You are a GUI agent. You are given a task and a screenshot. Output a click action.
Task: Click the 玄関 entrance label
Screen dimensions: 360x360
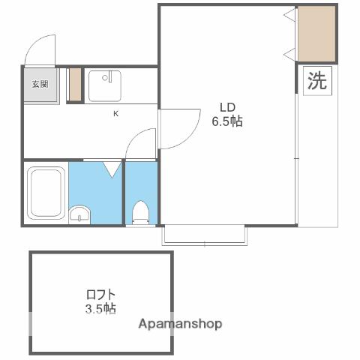(x=40, y=84)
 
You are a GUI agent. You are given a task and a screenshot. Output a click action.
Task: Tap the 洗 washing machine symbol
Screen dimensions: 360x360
(x=317, y=80)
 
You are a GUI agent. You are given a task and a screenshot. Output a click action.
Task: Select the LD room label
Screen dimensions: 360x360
(x=227, y=107)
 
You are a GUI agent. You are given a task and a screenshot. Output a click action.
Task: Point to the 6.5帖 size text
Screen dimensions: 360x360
(x=227, y=121)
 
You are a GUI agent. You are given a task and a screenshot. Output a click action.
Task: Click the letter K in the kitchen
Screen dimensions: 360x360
(x=115, y=114)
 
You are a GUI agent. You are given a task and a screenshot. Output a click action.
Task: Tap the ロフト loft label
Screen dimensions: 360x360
(x=100, y=295)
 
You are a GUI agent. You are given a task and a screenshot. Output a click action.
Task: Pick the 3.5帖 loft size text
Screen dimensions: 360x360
(x=100, y=308)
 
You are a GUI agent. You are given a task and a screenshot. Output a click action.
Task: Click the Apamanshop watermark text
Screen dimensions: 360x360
(x=180, y=324)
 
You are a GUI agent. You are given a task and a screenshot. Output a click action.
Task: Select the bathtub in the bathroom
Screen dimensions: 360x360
(x=46, y=193)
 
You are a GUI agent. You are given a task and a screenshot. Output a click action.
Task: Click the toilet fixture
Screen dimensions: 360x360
(x=141, y=212)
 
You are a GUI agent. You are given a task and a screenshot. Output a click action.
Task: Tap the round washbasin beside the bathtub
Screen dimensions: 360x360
(x=79, y=214)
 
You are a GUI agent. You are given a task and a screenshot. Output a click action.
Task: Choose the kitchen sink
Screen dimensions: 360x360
(x=105, y=86)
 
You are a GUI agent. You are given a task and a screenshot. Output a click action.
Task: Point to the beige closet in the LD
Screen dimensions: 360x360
(x=316, y=34)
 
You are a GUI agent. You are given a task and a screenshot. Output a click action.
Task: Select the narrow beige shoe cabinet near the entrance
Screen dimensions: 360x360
(x=75, y=85)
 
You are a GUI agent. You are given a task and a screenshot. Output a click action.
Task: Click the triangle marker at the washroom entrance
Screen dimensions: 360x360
(x=112, y=169)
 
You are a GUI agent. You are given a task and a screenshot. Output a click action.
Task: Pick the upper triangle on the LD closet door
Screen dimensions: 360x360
(x=290, y=15)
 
